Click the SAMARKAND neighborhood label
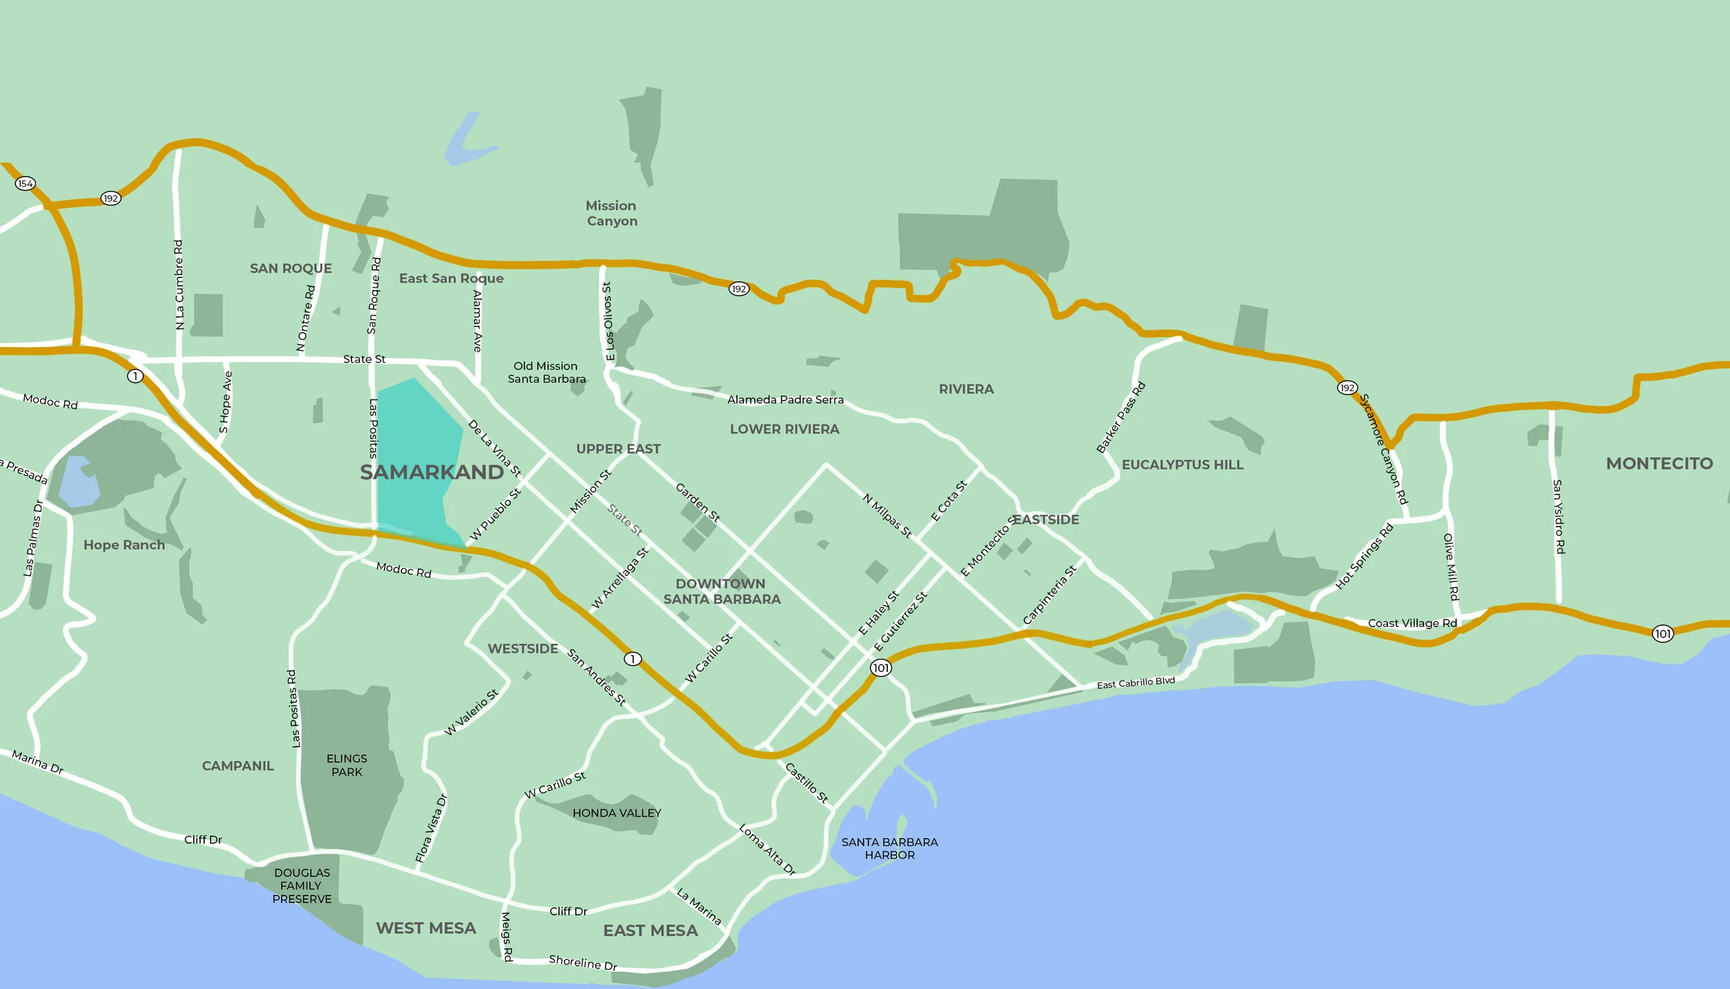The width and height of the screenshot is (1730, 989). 432,472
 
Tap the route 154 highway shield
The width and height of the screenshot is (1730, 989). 26,183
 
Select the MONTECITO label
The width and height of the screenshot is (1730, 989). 1659,464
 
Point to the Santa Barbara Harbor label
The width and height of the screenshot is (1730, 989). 889,849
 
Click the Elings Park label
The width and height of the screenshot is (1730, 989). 347,765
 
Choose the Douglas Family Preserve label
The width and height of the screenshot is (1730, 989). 302,886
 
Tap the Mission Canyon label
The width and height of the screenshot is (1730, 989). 612,213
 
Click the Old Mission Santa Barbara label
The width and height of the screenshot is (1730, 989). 546,372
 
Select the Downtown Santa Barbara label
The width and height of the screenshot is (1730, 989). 722,592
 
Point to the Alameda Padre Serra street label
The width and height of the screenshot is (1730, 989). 785,399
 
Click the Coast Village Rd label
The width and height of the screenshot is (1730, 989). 1412,623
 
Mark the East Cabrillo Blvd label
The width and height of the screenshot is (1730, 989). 1136,683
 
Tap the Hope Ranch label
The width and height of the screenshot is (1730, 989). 125,545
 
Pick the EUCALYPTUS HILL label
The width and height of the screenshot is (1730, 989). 1182,464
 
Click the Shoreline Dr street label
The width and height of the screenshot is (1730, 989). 583,962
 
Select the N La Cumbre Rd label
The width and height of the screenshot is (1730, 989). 179,284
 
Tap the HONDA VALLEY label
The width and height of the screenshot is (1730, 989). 617,813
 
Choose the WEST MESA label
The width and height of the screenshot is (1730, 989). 426,928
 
